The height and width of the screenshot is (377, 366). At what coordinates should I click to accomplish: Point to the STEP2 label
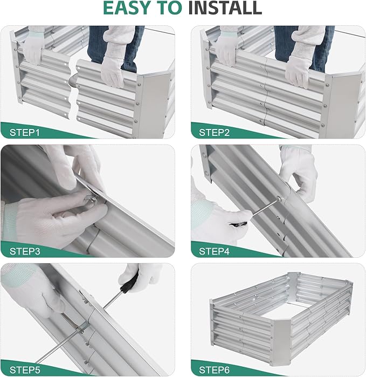[x=217, y=132]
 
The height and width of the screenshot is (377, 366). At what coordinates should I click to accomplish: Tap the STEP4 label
[x=217, y=251]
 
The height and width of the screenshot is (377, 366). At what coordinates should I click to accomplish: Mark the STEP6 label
[x=217, y=369]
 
